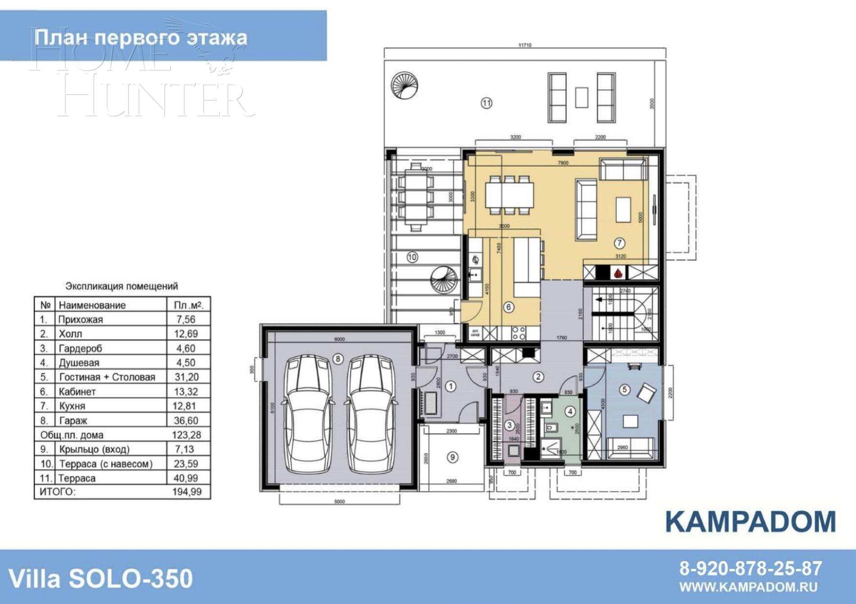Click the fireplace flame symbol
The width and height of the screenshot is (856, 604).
(618, 272)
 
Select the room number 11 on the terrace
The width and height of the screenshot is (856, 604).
(487, 103)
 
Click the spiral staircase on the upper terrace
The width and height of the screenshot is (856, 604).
(405, 85)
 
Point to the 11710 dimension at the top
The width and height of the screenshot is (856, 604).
(525, 45)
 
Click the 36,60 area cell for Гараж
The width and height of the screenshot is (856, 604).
(186, 421)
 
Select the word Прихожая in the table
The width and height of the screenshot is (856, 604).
(81, 320)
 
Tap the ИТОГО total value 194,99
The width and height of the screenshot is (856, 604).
(187, 491)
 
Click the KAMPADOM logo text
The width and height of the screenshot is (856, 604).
(750, 522)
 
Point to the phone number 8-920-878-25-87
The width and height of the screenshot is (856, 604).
(751, 568)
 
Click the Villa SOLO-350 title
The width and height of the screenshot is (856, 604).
(101, 578)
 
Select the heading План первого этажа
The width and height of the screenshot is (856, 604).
(141, 37)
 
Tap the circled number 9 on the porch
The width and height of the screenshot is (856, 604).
(452, 457)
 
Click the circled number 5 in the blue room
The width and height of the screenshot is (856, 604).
(624, 390)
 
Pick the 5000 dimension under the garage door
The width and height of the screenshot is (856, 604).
(340, 502)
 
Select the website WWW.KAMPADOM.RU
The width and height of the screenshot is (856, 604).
(748, 587)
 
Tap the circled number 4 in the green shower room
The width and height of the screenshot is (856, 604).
(570, 411)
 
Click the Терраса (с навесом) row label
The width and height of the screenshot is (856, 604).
(106, 464)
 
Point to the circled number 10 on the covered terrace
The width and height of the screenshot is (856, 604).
(412, 257)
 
